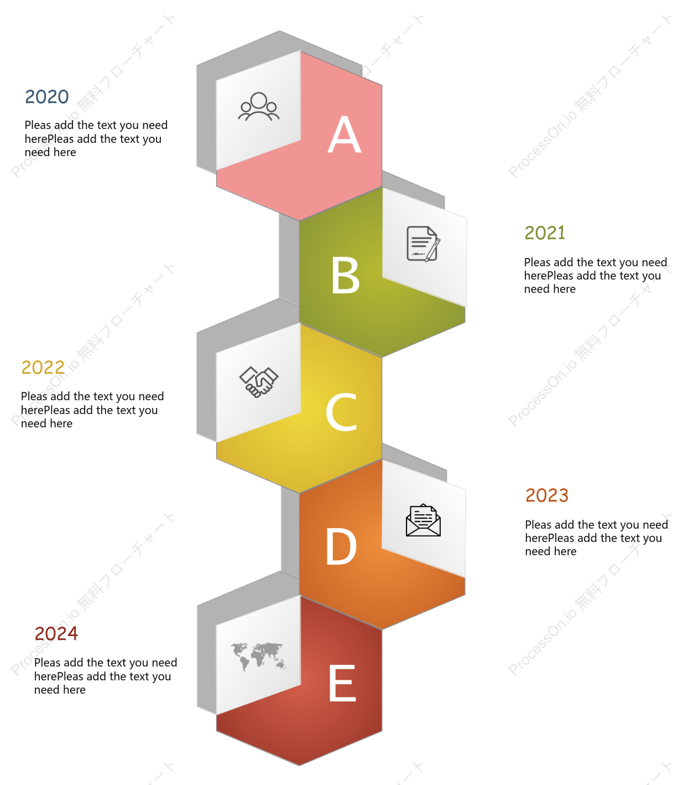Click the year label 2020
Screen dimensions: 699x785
click(x=47, y=96)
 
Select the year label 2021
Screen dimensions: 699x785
click(x=545, y=233)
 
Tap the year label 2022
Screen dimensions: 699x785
click(x=43, y=368)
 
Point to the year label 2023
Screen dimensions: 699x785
click(x=547, y=495)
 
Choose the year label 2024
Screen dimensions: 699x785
click(x=56, y=633)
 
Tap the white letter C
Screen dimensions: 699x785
click(x=341, y=411)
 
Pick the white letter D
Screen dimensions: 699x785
click(x=341, y=546)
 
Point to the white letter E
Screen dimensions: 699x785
click(x=342, y=683)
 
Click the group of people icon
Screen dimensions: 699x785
click(x=259, y=106)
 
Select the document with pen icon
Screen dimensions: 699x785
click(x=424, y=244)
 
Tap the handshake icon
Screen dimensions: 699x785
click(x=259, y=382)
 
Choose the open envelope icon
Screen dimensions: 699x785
click(x=423, y=520)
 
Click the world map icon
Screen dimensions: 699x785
click(x=259, y=657)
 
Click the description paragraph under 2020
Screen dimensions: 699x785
click(x=96, y=138)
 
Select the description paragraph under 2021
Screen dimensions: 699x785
click(x=595, y=276)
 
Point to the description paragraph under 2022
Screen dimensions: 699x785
click(x=92, y=410)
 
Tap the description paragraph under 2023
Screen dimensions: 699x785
click(x=597, y=538)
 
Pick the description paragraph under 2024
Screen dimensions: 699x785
click(x=105, y=676)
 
